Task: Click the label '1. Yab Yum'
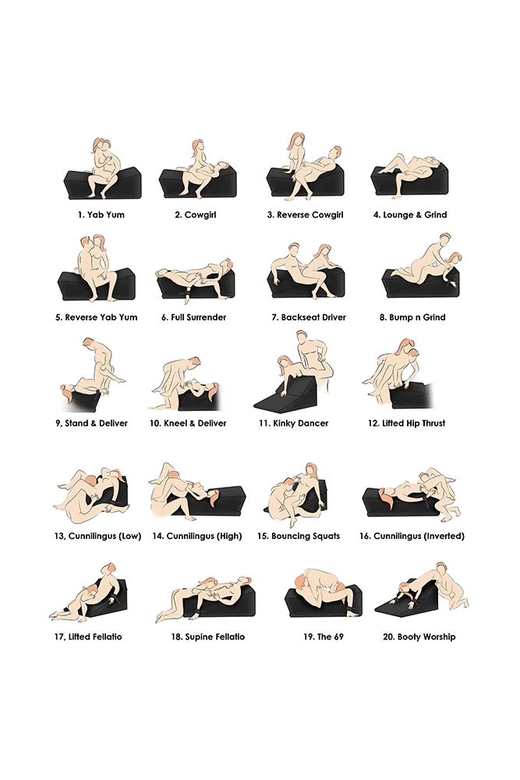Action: pos(101,215)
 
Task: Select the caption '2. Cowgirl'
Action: pos(196,215)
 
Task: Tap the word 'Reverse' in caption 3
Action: pos(292,215)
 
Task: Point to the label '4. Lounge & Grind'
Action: pos(410,215)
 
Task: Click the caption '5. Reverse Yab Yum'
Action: pos(97,317)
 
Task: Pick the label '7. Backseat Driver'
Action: pos(309,317)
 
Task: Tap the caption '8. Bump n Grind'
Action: pos(412,317)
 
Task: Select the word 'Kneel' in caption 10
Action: pos(175,424)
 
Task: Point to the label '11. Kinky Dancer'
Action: pos(294,424)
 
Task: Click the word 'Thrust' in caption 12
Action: pos(433,424)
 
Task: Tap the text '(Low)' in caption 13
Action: pos(129,537)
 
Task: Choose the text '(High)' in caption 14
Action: pos(229,537)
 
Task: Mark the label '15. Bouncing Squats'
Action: pos(299,537)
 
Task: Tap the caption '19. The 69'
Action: pos(324,636)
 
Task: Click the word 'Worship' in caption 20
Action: pos(440,636)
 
